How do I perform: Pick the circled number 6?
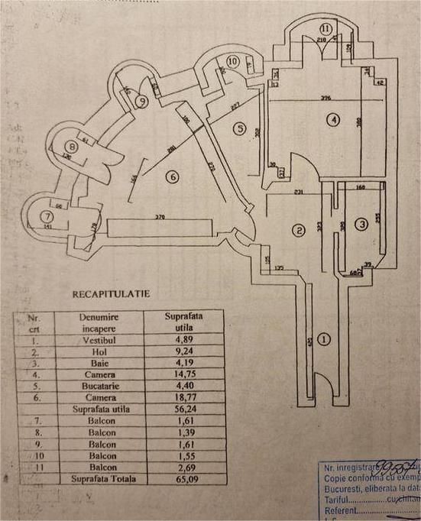click(173, 177)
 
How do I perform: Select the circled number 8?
click(71, 146)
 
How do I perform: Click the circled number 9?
click(141, 100)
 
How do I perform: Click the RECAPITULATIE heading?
click(111, 293)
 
